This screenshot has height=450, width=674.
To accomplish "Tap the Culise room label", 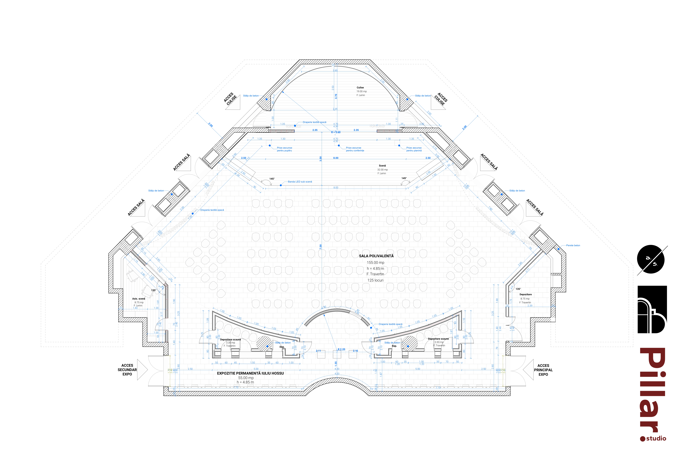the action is coord(360,88).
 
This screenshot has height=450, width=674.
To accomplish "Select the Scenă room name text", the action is coord(382,166).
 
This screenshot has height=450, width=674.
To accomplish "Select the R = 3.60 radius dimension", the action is coord(336,132).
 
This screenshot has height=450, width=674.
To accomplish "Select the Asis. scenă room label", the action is coord(139,299).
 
